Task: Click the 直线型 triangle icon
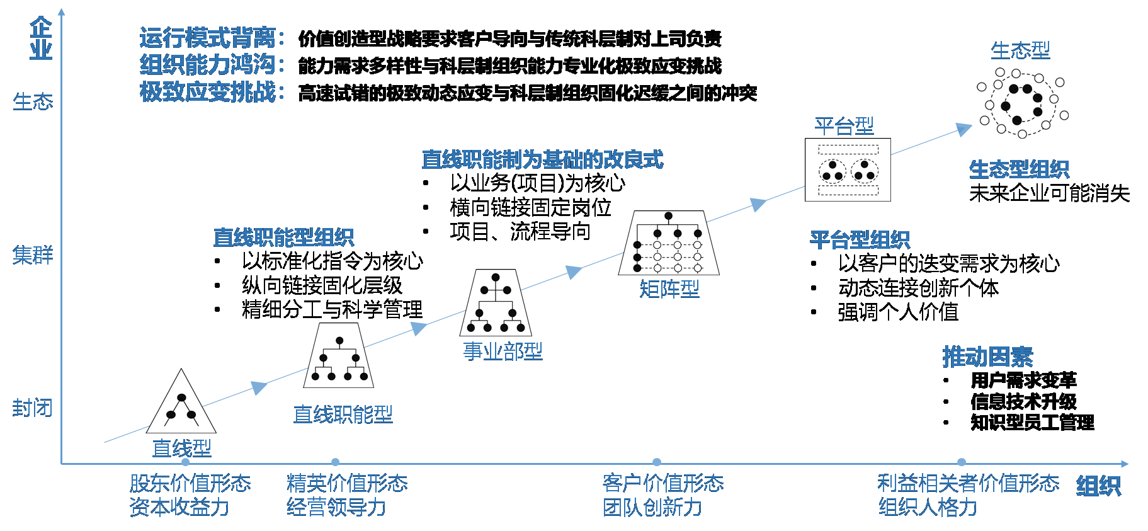(x=181, y=404)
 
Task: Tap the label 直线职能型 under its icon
(x=343, y=414)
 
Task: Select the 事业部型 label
(x=503, y=351)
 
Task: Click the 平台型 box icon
(x=848, y=169)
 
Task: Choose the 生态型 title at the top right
(x=1020, y=50)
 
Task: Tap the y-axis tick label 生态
(x=33, y=101)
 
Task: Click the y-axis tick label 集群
(x=33, y=255)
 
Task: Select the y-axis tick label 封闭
(x=33, y=408)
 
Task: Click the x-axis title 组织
(x=1098, y=486)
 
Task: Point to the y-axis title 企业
(x=41, y=39)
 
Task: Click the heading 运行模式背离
(x=208, y=38)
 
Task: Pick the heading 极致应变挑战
(x=208, y=92)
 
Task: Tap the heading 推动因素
(x=987, y=357)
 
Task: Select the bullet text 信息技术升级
(x=1023, y=401)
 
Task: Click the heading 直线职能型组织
(x=283, y=237)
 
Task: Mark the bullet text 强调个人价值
(x=898, y=312)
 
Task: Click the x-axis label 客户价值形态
(x=662, y=483)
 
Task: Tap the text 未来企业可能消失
(x=1049, y=193)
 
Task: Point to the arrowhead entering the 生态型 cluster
(x=963, y=129)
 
